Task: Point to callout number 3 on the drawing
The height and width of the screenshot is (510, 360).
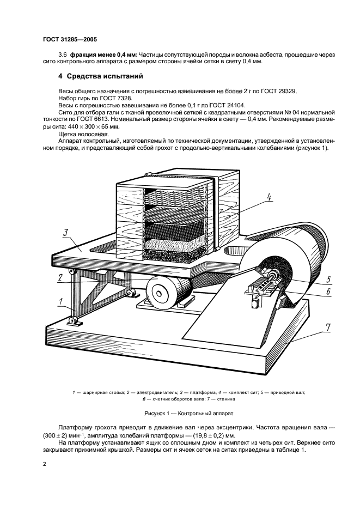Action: point(65,233)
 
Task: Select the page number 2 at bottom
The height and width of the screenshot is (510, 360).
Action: point(45,464)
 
